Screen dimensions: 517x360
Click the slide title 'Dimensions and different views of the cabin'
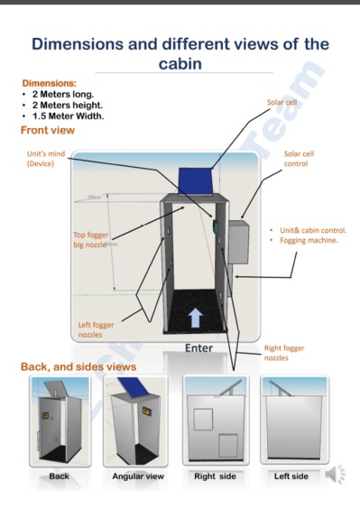click(180, 53)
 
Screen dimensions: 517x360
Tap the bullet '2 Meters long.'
click(63, 94)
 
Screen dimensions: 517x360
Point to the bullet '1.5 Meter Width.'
click(68, 115)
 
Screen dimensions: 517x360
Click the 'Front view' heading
click(47, 131)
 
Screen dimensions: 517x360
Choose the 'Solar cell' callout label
click(281, 103)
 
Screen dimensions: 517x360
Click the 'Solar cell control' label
click(299, 159)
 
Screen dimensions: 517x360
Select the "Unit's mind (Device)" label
click(45, 159)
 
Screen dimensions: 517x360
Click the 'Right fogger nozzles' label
click(283, 353)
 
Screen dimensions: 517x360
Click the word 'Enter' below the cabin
click(198, 348)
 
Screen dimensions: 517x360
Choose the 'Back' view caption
click(59, 476)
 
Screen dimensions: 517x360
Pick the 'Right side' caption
click(215, 476)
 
